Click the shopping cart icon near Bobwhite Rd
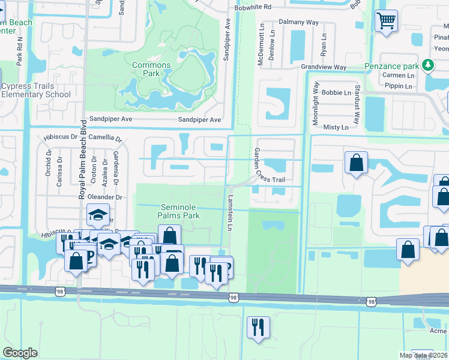click(386, 20)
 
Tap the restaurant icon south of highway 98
click(259, 327)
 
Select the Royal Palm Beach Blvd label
click(83, 161)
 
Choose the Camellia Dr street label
click(105, 137)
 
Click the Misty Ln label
click(336, 127)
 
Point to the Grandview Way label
click(324, 67)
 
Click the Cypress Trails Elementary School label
click(36, 90)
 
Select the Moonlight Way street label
click(315, 104)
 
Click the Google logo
click(20, 353)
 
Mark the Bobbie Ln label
click(336, 93)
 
